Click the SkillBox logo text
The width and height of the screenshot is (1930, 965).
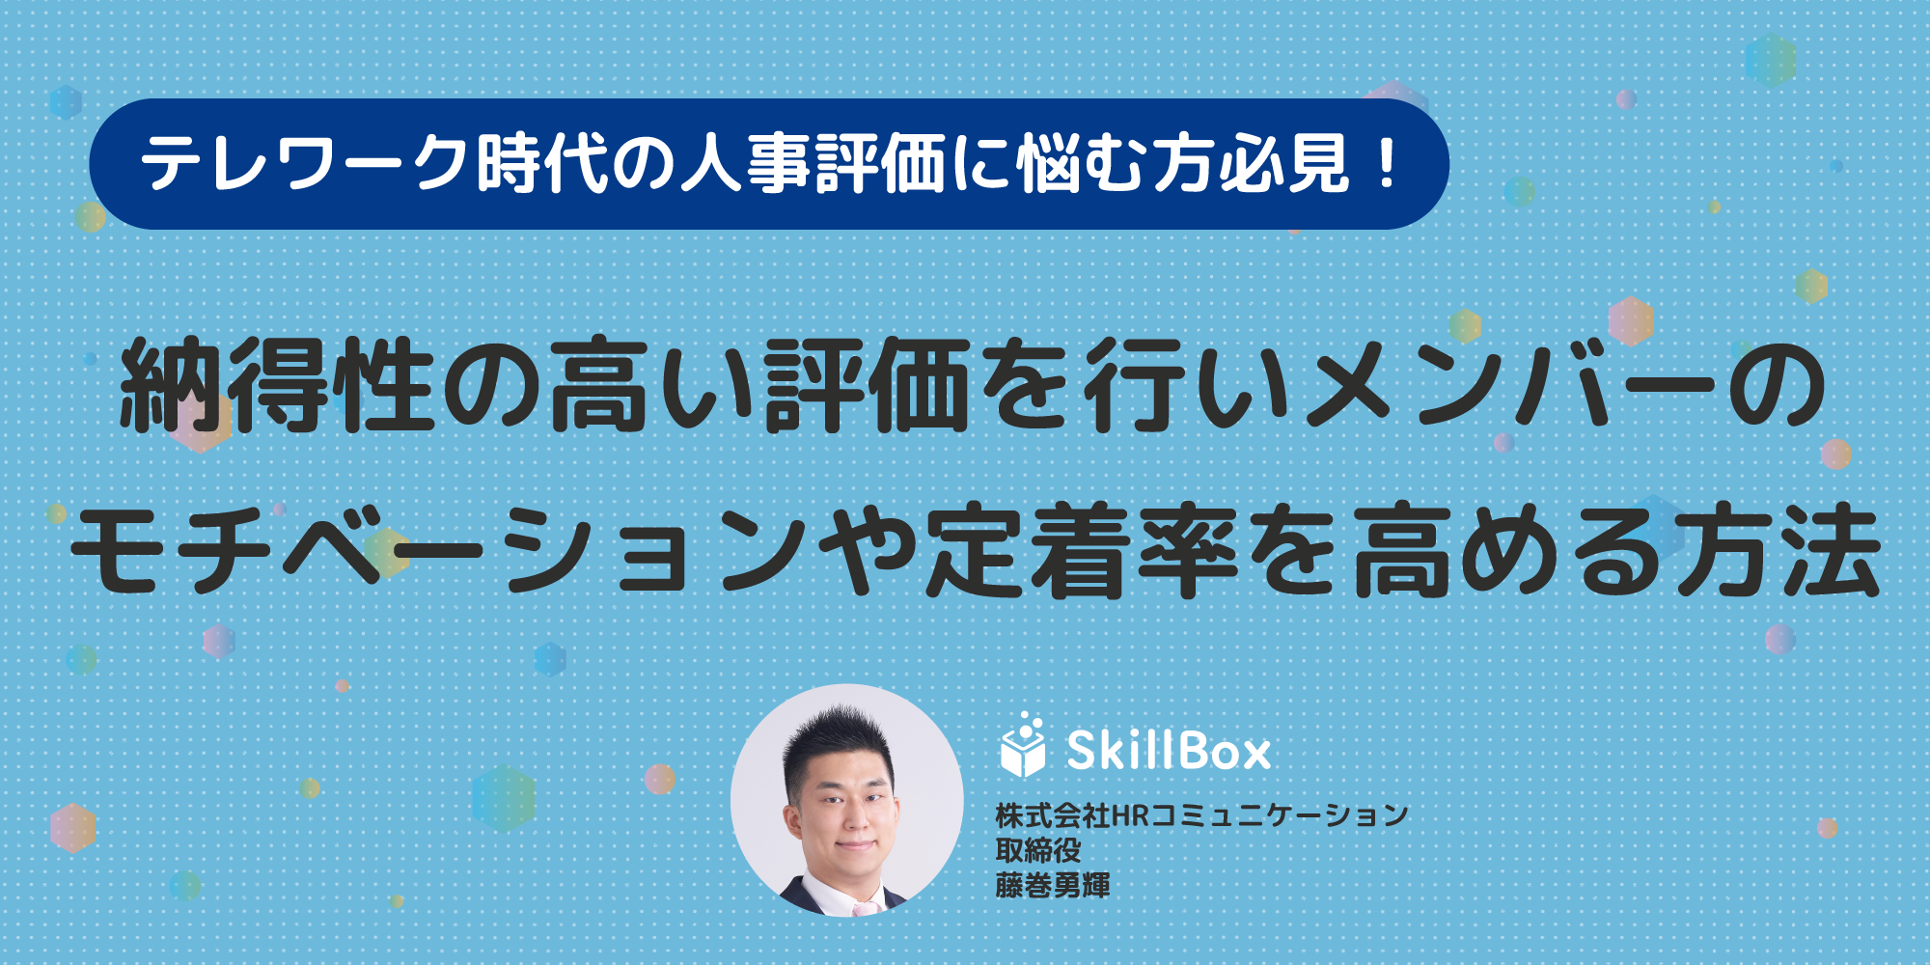(x=1169, y=750)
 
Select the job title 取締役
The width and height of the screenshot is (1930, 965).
(x=1038, y=850)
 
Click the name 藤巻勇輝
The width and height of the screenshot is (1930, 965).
(x=1053, y=885)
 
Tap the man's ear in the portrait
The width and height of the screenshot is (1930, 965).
(x=793, y=820)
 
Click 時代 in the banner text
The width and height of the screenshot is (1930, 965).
(x=537, y=164)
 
